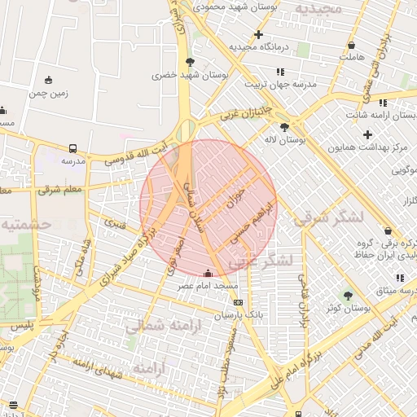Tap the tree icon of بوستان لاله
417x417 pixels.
284,127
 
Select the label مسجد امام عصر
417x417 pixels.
210,287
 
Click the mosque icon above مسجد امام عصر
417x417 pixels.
210,274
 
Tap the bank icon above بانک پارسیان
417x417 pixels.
237,302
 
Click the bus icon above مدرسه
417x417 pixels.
73,149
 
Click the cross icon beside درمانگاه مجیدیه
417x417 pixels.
259,34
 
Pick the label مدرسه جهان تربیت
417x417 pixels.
258,84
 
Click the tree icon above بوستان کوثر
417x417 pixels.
349,296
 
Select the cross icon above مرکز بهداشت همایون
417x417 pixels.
368,134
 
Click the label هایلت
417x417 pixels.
351,57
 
